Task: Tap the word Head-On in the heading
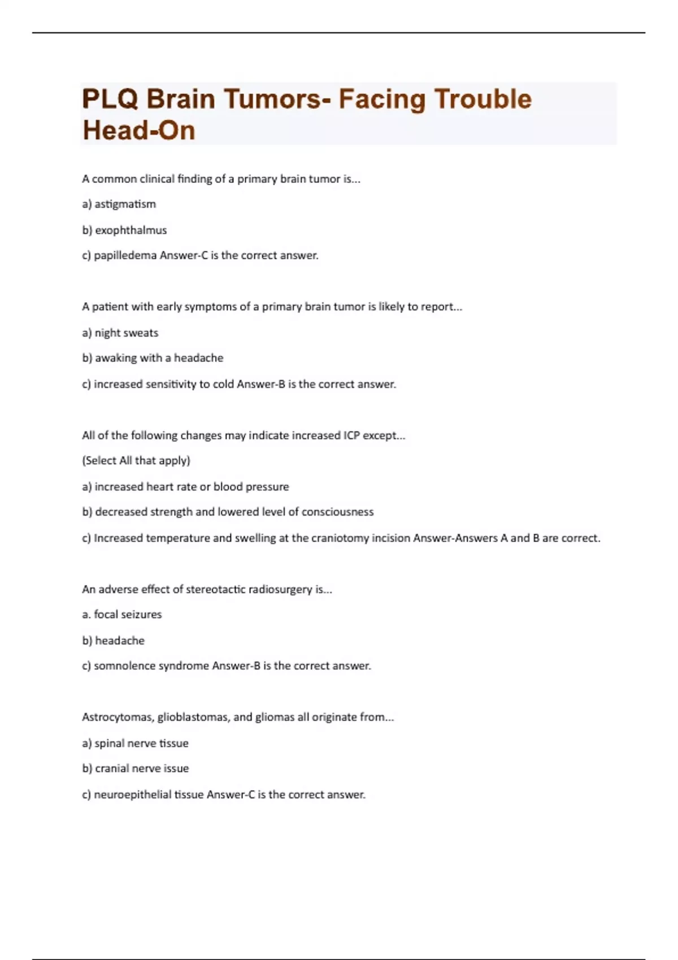[139, 131]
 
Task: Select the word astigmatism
[125, 204]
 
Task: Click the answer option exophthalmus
[131, 230]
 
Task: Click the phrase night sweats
[126, 333]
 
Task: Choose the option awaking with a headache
[159, 358]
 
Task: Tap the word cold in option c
[223, 385]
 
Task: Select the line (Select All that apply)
[136, 461]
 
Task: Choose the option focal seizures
[128, 614]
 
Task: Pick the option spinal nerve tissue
[141, 744]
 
